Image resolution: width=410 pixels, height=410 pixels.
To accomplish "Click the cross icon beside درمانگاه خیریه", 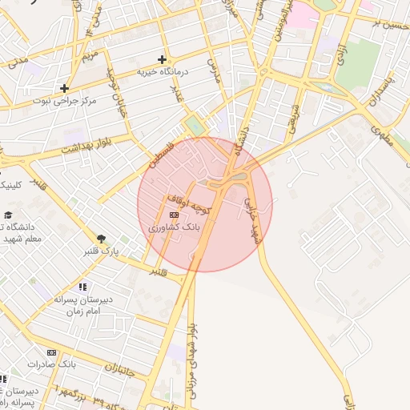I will (163, 59).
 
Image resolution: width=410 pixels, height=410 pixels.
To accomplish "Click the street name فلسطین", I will (158, 150).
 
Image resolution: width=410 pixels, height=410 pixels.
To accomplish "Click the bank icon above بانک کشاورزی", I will (175, 215).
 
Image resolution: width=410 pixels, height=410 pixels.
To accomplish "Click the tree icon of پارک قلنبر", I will (102, 238).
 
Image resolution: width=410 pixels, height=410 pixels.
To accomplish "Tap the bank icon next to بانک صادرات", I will (53, 352).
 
